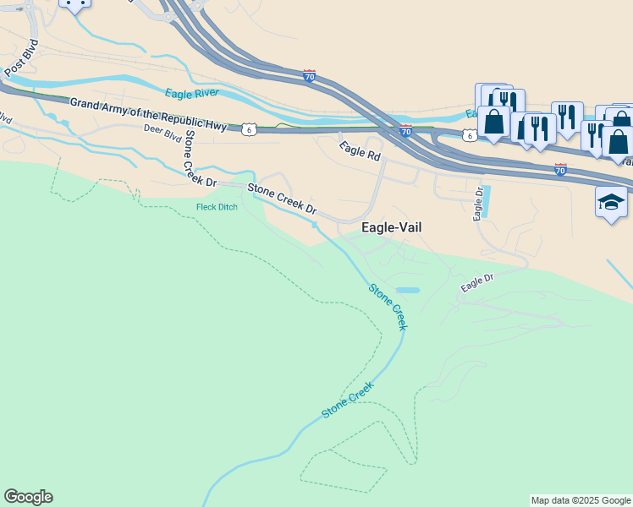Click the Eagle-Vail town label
(391, 227)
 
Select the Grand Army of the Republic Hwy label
(148, 114)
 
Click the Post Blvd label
(20, 56)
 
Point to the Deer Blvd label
(162, 132)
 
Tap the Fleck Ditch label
(217, 207)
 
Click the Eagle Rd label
(361, 152)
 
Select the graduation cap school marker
(611, 203)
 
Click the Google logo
(28, 497)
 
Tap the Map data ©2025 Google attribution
(581, 500)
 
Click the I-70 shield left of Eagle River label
(310, 76)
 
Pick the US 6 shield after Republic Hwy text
(248, 128)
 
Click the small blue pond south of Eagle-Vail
(408, 290)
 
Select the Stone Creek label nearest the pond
(388, 306)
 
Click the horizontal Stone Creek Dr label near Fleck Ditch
(282, 198)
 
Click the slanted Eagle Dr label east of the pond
(476, 284)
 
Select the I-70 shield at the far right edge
(559, 169)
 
